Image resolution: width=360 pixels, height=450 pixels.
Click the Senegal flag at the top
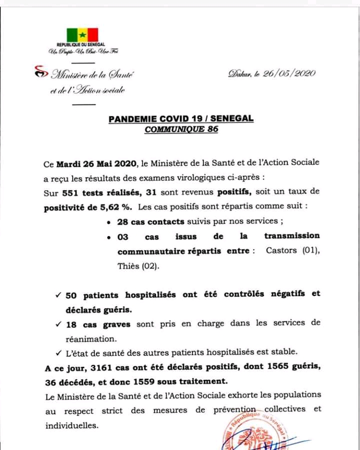[x=83, y=35]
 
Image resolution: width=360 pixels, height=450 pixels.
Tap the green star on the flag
[x=83, y=35]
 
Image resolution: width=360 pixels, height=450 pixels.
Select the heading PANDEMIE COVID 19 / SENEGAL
[x=181, y=118]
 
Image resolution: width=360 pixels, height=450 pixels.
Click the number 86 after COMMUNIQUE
[x=212, y=129]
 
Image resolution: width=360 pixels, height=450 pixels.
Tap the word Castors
[x=282, y=251]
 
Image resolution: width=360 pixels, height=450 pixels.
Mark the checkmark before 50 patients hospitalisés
[x=58, y=294]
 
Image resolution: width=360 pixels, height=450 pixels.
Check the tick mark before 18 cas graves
[x=58, y=324]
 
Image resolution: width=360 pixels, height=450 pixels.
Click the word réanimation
[x=87, y=338]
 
